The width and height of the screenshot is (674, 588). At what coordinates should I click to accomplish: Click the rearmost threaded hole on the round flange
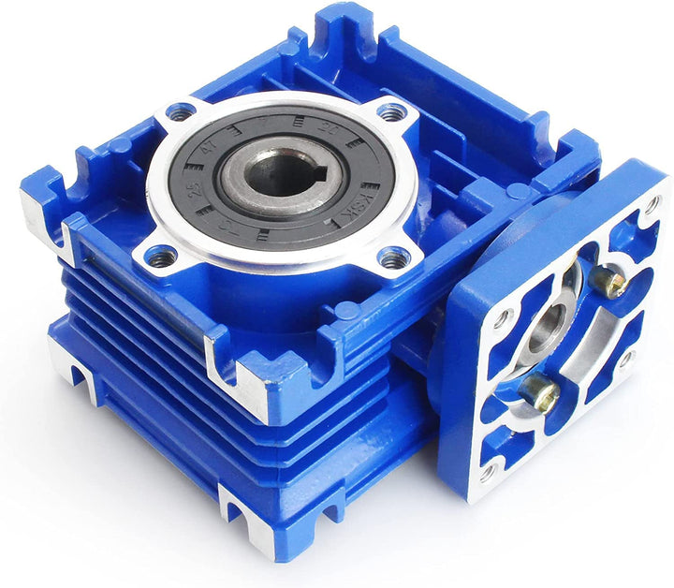(x=391, y=111)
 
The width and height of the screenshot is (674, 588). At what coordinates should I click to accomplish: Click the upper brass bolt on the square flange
(x=611, y=282)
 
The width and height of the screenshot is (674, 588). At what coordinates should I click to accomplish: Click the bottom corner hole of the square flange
(x=486, y=472)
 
